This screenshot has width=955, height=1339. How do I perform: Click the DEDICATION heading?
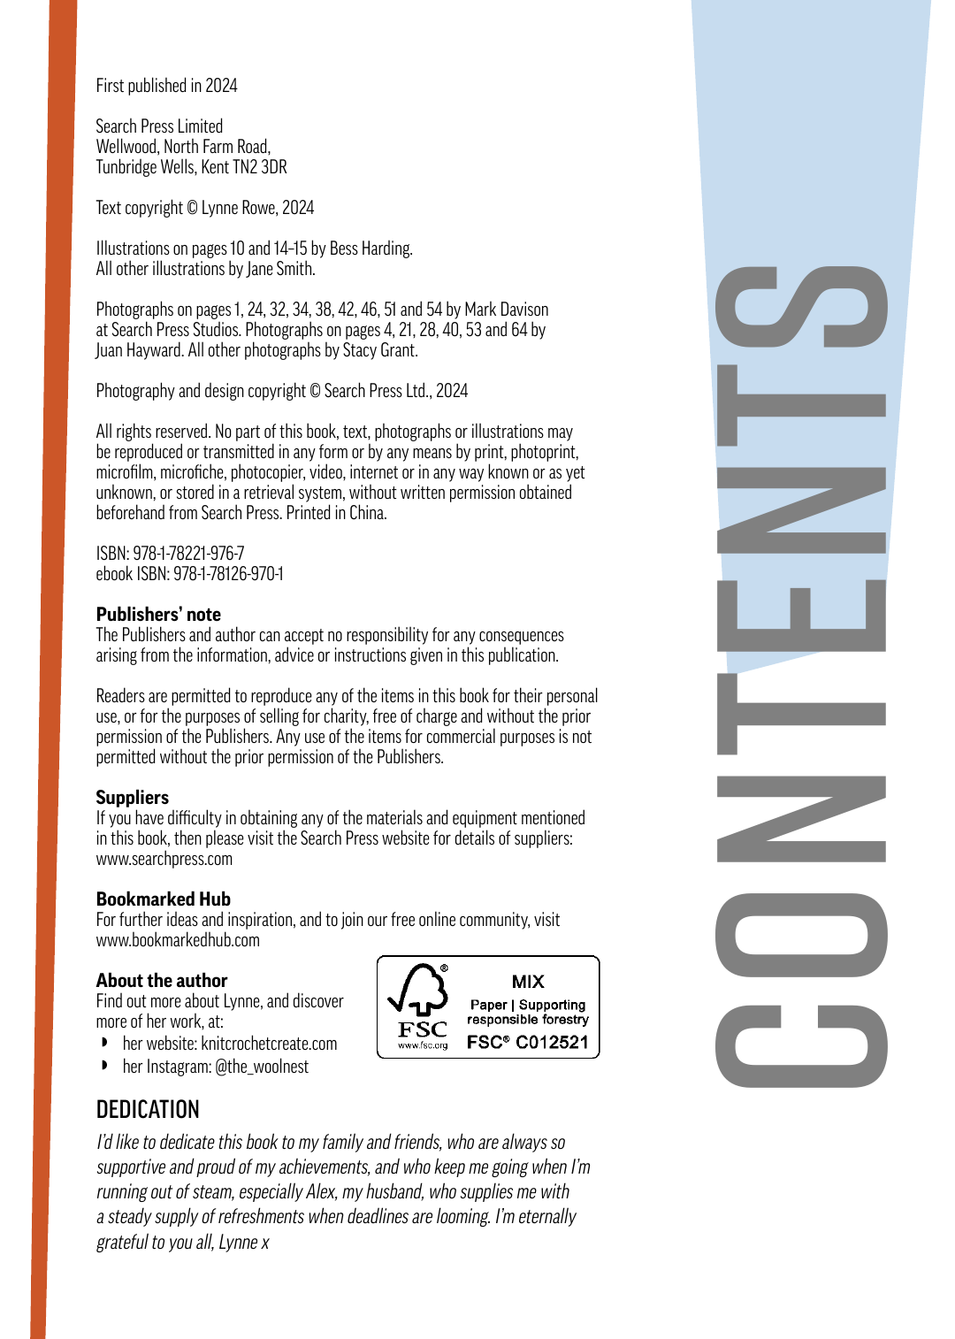148,1109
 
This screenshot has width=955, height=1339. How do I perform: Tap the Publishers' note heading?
158,615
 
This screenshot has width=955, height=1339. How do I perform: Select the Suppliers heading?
133,798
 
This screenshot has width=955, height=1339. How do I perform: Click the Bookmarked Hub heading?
164,899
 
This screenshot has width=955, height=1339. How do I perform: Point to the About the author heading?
162,981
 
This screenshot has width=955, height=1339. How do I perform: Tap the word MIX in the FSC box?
528,982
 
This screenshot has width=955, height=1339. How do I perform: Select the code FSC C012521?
528,1042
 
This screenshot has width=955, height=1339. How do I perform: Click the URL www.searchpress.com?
164,859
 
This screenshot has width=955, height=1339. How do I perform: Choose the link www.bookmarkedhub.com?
178,940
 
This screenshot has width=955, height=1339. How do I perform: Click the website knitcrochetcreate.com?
269,1044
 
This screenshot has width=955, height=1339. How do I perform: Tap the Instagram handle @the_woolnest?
262,1067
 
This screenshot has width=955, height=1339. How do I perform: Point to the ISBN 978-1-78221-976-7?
188,554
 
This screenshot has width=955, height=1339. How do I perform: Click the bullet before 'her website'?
105,1044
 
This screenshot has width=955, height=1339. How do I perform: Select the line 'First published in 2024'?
166,86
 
